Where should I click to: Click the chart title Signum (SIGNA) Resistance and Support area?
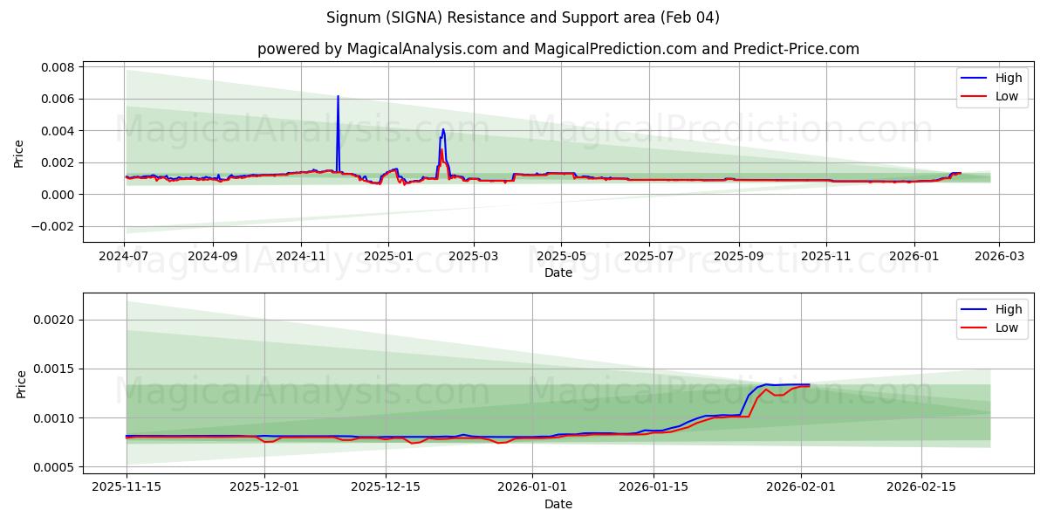click(523, 17)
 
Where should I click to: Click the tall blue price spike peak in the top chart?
click(338, 97)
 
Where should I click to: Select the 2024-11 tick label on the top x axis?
click(301, 257)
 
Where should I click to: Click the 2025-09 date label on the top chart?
click(739, 257)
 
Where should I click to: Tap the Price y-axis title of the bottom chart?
click(21, 384)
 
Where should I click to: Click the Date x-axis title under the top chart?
click(558, 272)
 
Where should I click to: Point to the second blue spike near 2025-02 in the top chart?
click(443, 130)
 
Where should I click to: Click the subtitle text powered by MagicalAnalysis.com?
click(558, 49)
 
